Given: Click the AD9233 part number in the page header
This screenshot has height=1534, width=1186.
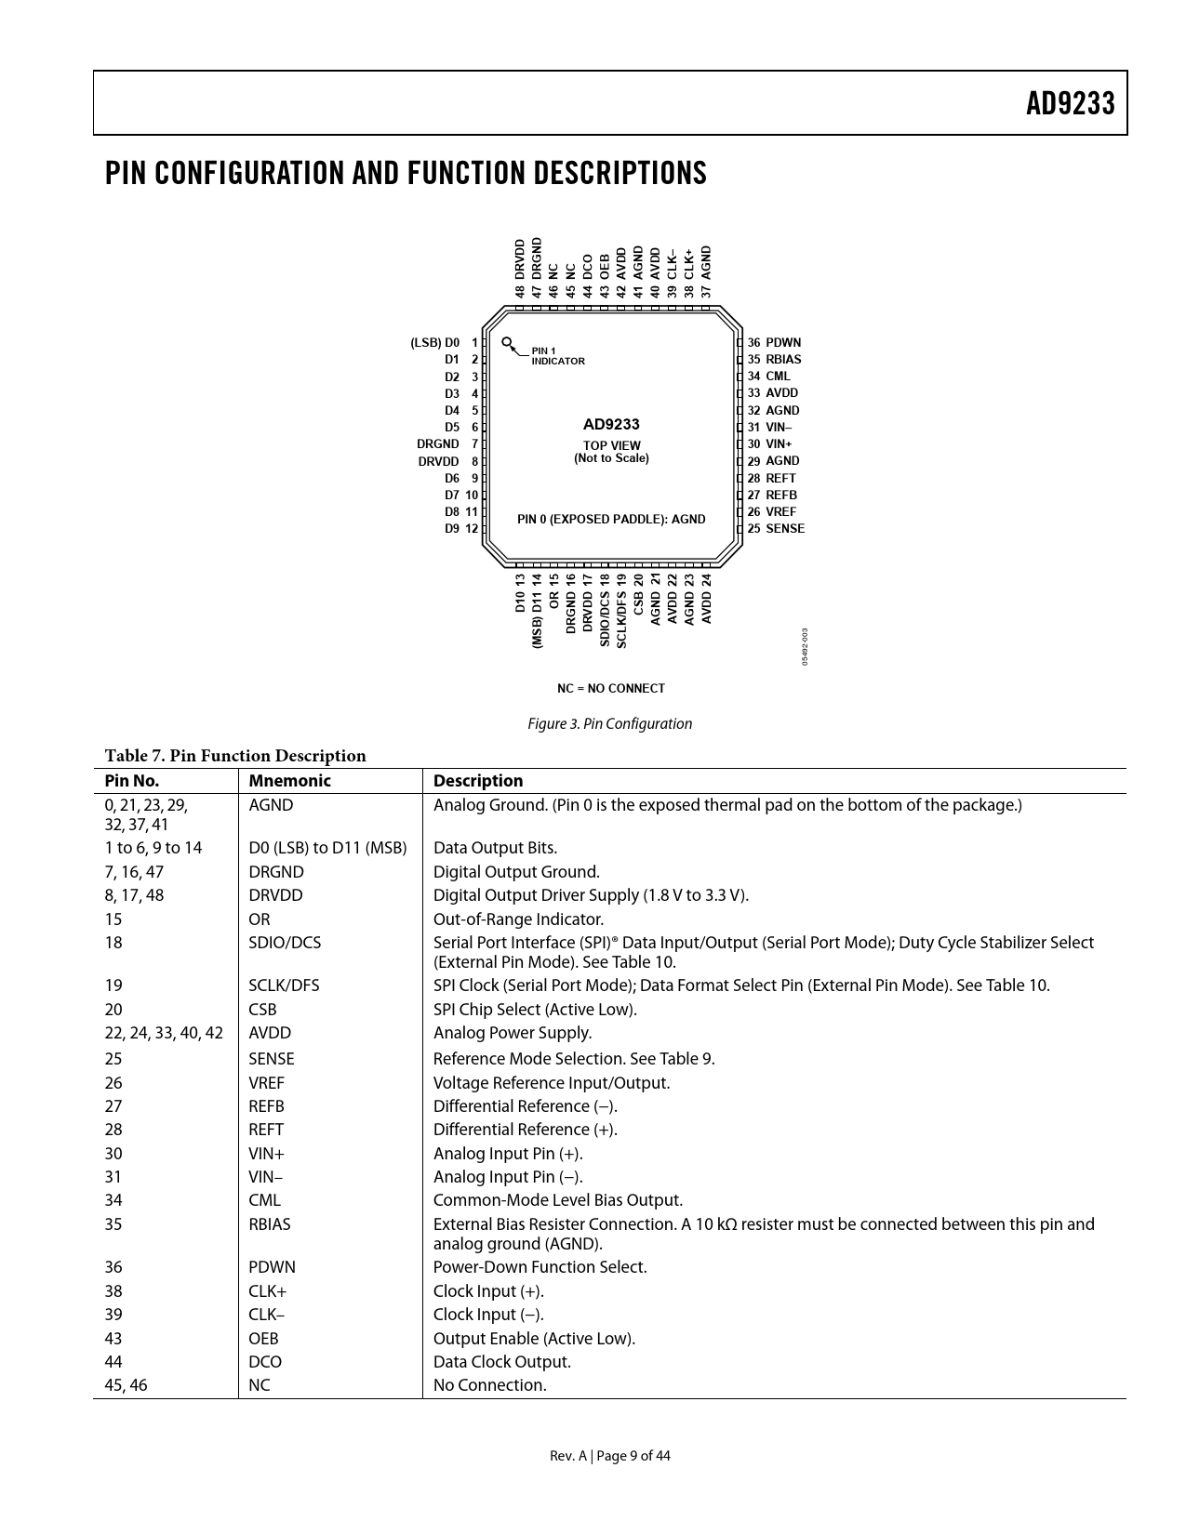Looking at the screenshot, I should click(1070, 103).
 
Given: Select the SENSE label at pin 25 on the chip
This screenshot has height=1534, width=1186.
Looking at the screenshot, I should click(785, 529).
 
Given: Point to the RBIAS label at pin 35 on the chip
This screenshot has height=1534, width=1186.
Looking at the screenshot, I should click(783, 360).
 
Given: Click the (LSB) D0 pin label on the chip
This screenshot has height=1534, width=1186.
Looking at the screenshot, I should click(435, 343).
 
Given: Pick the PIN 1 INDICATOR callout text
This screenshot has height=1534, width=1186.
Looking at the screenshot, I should click(557, 356).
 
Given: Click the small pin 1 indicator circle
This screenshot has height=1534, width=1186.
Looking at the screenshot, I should click(506, 342).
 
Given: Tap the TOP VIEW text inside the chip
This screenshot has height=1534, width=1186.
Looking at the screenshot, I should click(611, 445).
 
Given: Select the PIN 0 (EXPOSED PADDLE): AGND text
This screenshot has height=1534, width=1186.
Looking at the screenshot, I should click(611, 520).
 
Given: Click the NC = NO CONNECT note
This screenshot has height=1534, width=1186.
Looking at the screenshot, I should click(611, 689).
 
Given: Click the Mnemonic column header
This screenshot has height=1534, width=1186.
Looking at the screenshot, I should click(289, 782).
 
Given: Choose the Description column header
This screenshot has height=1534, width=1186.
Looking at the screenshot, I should click(478, 782).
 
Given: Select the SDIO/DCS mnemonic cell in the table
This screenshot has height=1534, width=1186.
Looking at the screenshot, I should click(285, 943).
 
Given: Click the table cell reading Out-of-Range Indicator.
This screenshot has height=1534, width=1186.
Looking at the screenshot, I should click(518, 919).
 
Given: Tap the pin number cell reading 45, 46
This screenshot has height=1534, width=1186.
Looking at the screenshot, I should click(126, 1385).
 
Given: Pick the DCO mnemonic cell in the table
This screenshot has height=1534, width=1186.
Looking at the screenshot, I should click(265, 1362).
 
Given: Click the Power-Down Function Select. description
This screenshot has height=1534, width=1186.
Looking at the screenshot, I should click(540, 1267).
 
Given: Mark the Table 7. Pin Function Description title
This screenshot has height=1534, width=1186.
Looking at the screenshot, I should click(235, 756).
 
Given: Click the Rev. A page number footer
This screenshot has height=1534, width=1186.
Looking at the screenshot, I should click(609, 1456).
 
